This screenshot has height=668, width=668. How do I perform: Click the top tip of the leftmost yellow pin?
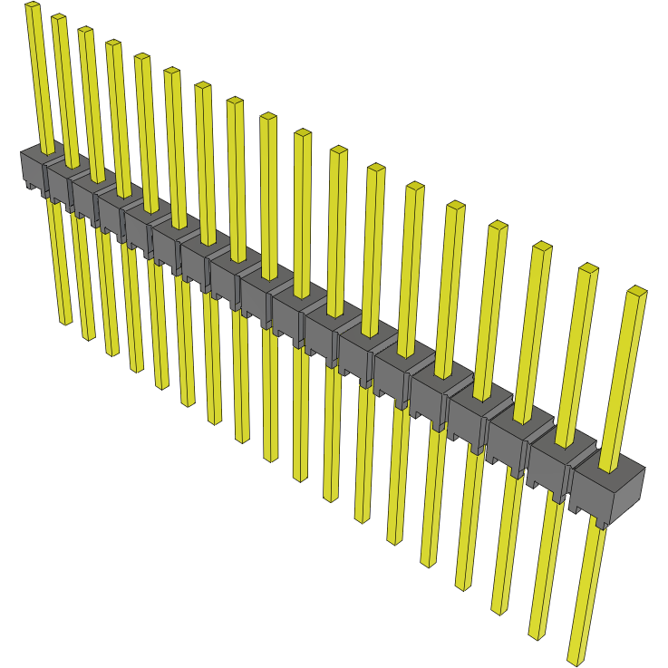(x=32, y=5)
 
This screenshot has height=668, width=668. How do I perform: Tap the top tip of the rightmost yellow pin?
(x=636, y=291)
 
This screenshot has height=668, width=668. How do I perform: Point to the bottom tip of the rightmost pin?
(x=575, y=661)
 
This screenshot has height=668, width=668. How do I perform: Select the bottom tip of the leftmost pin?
(x=66, y=321)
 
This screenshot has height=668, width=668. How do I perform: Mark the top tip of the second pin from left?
(x=58, y=18)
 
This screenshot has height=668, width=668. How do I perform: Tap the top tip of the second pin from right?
(x=588, y=268)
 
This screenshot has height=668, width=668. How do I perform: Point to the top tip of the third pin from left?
(x=85, y=31)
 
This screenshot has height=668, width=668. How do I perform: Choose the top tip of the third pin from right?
(x=542, y=247)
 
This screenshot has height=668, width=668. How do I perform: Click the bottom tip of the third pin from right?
(x=498, y=612)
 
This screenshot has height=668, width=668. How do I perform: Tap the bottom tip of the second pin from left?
(x=89, y=337)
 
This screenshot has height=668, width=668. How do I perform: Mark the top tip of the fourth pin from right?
(x=498, y=225)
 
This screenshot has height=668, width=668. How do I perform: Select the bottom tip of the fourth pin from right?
(x=462, y=587)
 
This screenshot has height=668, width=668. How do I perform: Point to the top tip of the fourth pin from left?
(x=113, y=44)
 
